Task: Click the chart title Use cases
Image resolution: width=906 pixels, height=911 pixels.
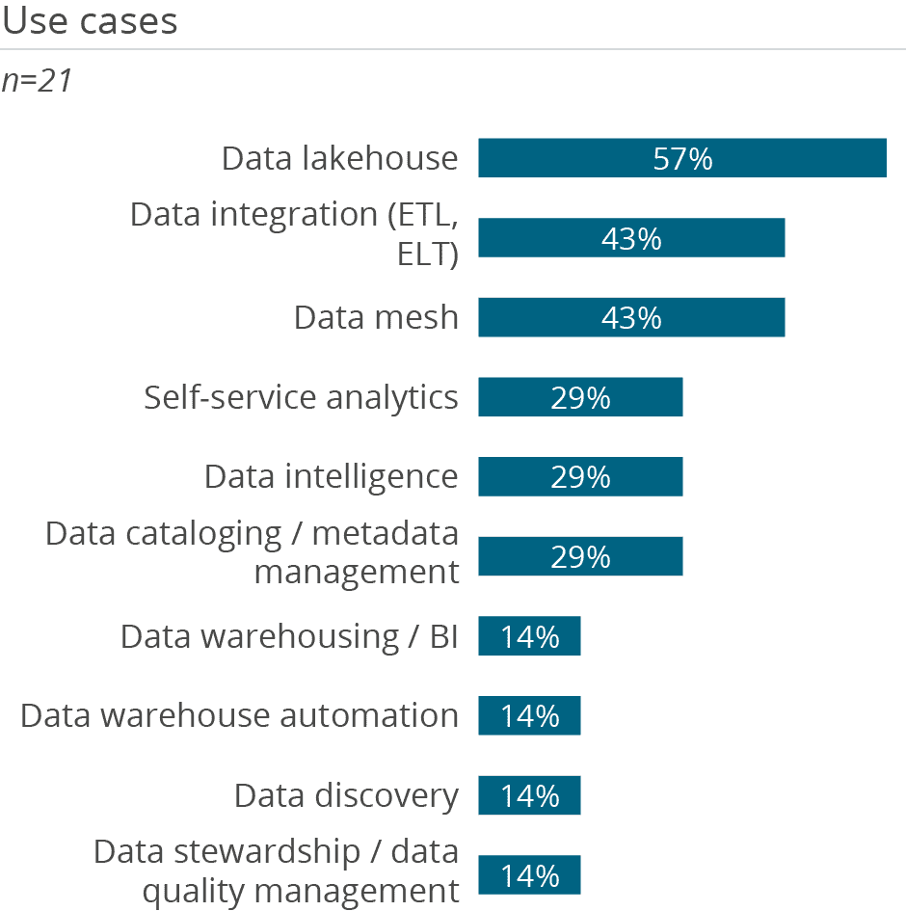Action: [x=90, y=21]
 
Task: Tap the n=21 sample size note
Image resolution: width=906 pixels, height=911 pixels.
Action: [x=38, y=81]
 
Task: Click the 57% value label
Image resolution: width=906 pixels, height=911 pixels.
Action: [x=682, y=158]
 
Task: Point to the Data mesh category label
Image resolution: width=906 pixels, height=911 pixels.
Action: [x=376, y=317]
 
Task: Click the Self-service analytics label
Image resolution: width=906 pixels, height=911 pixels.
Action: [x=301, y=397]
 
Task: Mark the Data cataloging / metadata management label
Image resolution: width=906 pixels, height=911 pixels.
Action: [x=253, y=552]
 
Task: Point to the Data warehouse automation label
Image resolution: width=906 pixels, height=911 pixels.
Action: [x=239, y=715]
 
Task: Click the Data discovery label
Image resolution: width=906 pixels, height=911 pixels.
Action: [x=346, y=795]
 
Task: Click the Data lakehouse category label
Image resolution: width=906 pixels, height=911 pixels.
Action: [x=339, y=158]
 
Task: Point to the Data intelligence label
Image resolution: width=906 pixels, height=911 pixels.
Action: [x=331, y=476]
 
